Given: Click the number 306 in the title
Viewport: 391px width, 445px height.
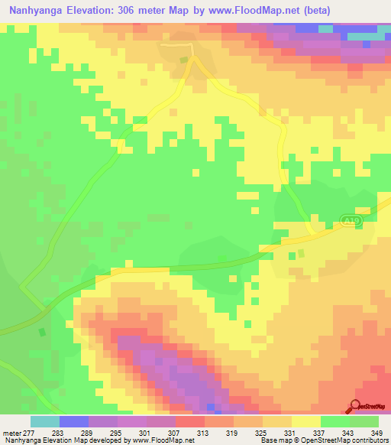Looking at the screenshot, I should coord(148,12).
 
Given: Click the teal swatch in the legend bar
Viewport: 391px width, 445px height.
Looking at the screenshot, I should coord(44,421).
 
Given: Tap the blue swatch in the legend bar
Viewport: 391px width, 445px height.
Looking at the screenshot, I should coord(73,421).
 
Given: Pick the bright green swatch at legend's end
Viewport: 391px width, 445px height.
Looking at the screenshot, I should coord(364,421).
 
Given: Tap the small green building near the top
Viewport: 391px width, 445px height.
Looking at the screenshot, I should coord(183,60).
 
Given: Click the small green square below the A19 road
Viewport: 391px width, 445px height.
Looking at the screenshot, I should coord(301,252).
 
